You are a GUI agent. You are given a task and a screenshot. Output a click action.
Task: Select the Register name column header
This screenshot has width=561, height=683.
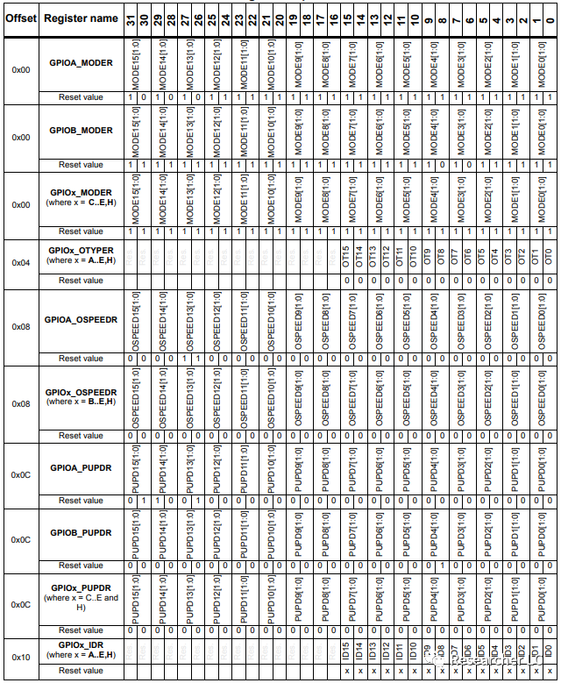point(81,18)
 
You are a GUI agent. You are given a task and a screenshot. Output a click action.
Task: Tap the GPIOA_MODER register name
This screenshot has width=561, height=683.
point(81,63)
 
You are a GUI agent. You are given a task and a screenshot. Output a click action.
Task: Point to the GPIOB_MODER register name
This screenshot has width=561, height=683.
point(81,131)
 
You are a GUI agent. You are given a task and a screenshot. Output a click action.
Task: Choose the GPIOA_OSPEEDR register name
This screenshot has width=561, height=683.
point(81,320)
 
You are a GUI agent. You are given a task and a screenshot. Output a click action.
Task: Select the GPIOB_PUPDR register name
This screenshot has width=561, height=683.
point(81,532)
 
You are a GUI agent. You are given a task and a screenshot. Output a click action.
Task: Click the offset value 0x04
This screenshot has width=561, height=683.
point(20,262)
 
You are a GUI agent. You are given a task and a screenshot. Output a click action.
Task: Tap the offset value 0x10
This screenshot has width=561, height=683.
point(20,656)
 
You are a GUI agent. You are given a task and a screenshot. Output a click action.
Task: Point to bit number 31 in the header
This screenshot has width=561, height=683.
point(131,18)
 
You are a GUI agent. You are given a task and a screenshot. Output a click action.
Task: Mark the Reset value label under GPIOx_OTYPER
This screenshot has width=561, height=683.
point(81,281)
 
